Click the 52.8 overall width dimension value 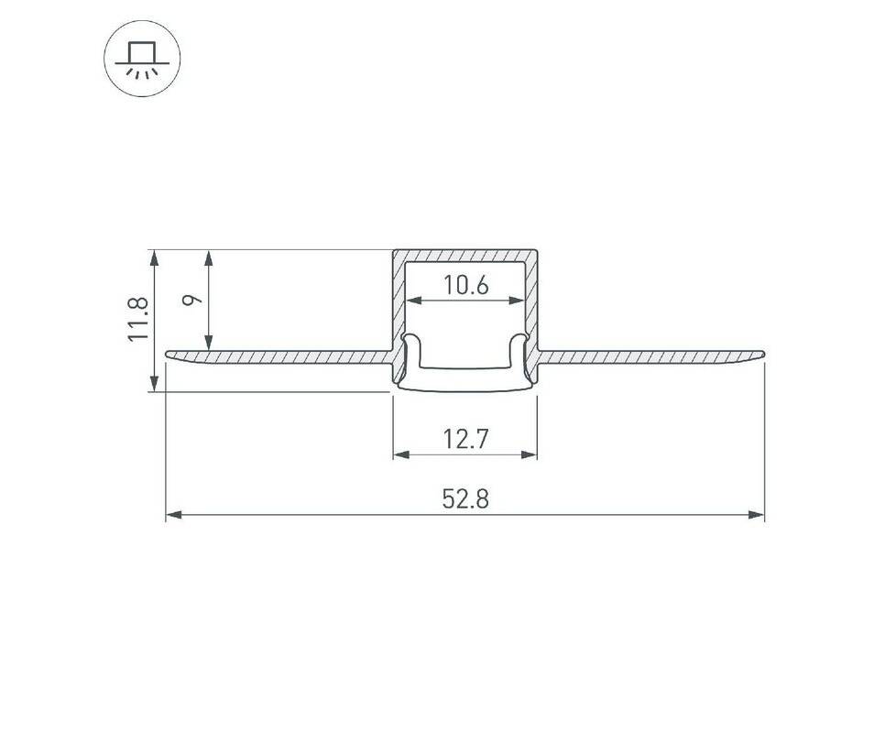point(465,499)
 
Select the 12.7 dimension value point(465,440)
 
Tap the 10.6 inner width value point(466,285)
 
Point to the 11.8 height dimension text point(138,319)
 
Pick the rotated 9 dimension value point(194,300)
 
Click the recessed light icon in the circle point(142,60)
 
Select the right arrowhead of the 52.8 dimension point(756,515)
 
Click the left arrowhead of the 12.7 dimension point(401,454)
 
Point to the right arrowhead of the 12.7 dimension point(530,454)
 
